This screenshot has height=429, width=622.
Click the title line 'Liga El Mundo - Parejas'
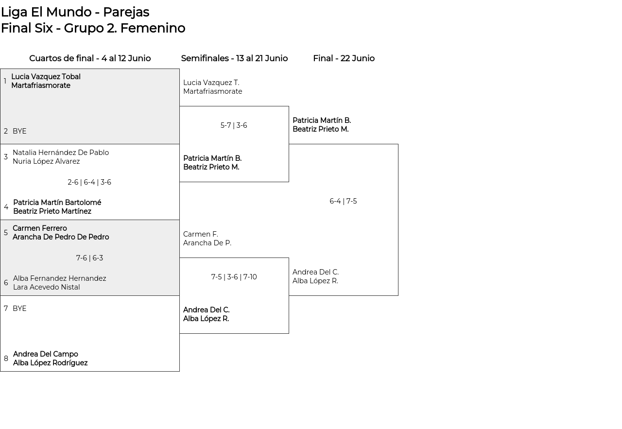coord(75,13)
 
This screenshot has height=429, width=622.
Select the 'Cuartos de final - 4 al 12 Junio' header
coord(90,58)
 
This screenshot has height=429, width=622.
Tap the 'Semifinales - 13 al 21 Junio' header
coord(234,58)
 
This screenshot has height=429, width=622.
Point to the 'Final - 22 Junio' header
coord(344,58)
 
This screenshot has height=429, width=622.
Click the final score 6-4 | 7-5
coord(343,201)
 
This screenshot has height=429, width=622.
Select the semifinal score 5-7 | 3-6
coord(234,125)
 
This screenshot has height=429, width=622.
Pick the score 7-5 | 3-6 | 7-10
coord(234,277)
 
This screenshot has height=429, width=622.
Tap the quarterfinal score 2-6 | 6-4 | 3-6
coord(89,182)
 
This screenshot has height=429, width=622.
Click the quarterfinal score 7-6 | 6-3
coord(89,258)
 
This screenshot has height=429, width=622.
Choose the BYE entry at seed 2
coord(19,131)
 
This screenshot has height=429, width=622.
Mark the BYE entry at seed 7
coord(19,309)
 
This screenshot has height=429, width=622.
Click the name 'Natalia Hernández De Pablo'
coord(61,153)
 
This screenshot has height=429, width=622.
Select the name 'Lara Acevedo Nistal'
coord(46,287)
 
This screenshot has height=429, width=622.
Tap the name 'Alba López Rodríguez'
coord(50,363)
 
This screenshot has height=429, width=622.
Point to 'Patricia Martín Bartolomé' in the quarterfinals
coord(57,203)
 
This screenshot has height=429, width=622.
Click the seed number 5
coord(5,232)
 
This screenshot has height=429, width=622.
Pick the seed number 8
coord(6,359)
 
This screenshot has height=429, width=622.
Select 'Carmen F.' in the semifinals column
coord(201,234)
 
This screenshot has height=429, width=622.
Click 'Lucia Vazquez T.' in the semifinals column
coord(211,83)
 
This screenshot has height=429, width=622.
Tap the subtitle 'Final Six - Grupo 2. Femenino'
coord(93,28)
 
